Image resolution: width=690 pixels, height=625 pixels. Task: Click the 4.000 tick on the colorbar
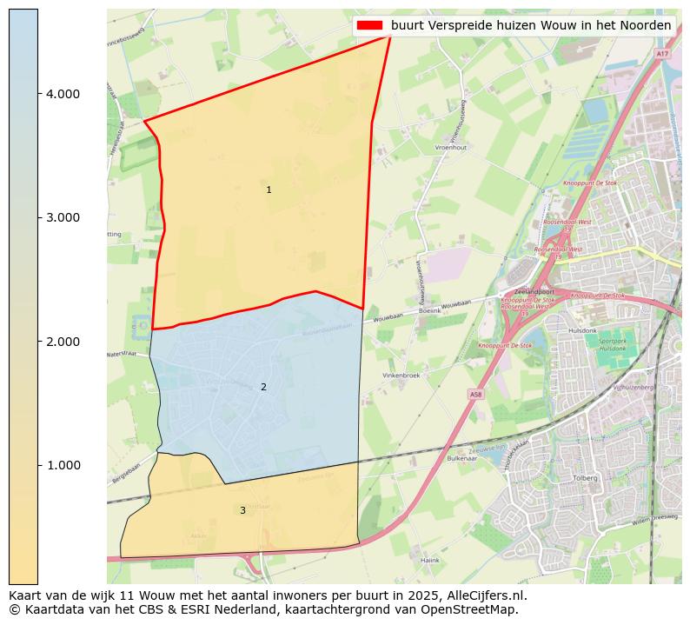click(x=63, y=94)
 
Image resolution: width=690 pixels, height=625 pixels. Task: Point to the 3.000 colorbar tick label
click(x=63, y=217)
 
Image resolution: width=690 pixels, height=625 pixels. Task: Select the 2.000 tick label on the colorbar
click(x=63, y=342)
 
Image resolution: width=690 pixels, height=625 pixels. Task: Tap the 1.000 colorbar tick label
click(x=63, y=465)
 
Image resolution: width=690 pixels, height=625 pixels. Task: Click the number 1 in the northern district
click(x=269, y=189)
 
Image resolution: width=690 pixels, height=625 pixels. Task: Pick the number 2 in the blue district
click(x=263, y=387)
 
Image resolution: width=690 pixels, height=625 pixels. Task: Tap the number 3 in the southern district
click(x=242, y=510)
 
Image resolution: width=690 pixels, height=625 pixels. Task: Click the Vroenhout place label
click(x=450, y=148)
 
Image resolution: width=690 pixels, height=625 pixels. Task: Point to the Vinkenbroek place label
click(x=401, y=376)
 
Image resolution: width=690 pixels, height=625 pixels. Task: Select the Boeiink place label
click(x=429, y=310)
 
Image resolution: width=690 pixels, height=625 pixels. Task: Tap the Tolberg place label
click(x=587, y=478)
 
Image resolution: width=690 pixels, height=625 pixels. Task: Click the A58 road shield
click(x=474, y=395)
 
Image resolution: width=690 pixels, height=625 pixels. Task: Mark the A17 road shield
click(x=662, y=54)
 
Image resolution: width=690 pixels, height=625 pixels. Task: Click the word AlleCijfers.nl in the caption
click(x=486, y=595)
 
